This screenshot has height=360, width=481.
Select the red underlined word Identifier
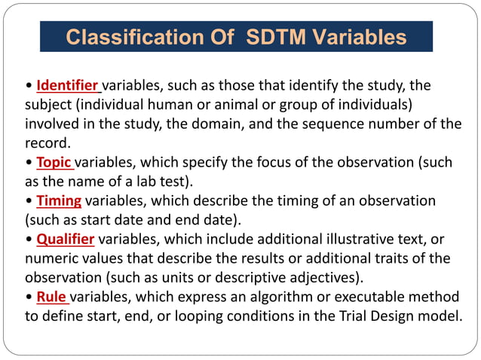[x=68, y=84]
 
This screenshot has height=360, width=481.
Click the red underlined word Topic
[x=54, y=162]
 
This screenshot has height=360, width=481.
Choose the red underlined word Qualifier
[x=66, y=239]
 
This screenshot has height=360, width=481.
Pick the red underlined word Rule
[x=51, y=297]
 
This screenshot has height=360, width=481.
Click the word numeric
[x=52, y=259]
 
